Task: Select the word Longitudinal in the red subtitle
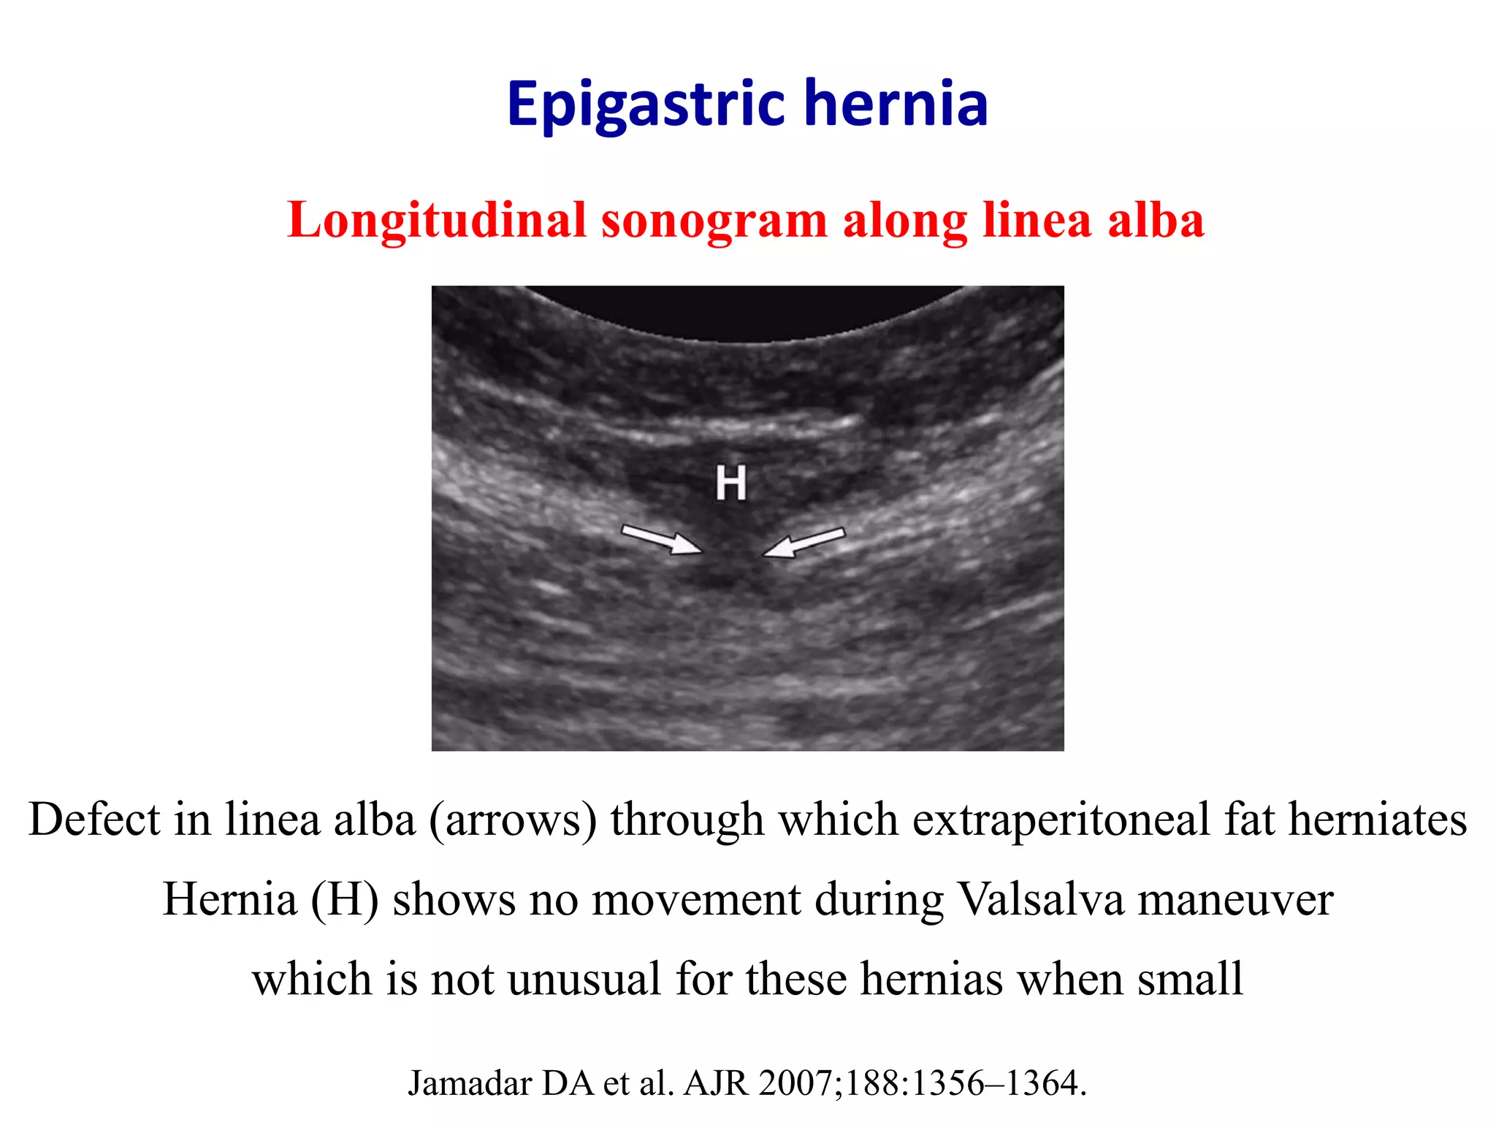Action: (x=437, y=220)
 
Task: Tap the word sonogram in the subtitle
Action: (x=714, y=221)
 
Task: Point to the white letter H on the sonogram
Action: (x=731, y=483)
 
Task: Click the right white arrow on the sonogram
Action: (x=804, y=543)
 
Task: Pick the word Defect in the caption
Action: (x=94, y=819)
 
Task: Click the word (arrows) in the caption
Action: (x=514, y=820)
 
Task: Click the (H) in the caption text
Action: (x=344, y=899)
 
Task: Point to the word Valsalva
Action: (x=1041, y=899)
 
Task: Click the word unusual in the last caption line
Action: (x=584, y=979)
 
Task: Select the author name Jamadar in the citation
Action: (x=470, y=1083)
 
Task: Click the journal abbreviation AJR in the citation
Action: (x=716, y=1083)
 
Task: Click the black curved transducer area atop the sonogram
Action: (x=745, y=310)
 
